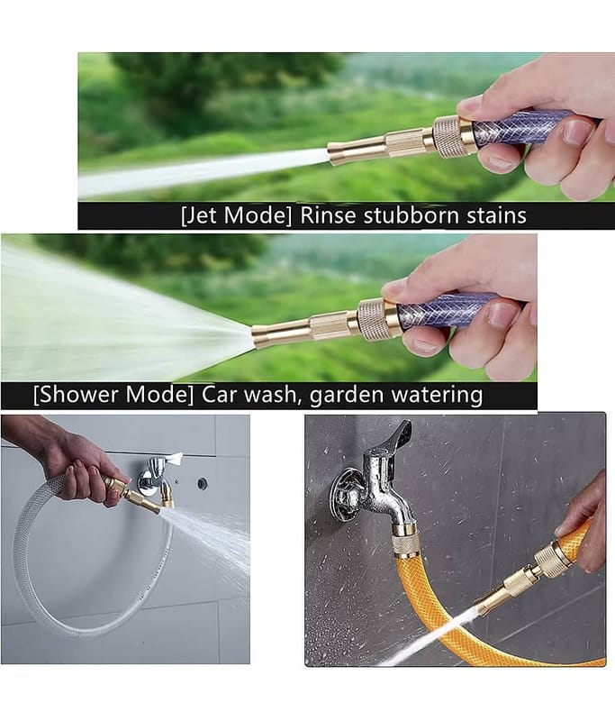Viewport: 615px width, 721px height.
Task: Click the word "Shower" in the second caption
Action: click(88, 396)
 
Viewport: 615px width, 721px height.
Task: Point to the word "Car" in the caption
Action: click(221, 396)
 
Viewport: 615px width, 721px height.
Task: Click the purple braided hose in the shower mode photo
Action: click(446, 311)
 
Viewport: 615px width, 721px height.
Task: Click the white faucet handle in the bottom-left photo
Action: click(169, 459)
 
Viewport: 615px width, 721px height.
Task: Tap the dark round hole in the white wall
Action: click(203, 484)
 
